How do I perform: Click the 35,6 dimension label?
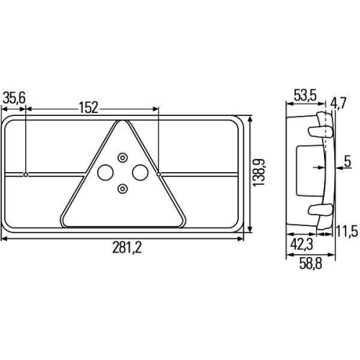(x=14, y=98)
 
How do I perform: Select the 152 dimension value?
(x=89, y=108)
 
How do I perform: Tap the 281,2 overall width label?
(x=127, y=248)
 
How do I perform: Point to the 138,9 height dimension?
(x=259, y=173)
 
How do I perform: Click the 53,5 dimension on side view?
(x=305, y=95)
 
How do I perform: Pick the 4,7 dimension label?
(x=338, y=104)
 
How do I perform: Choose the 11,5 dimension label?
(x=346, y=231)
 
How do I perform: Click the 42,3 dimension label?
(x=302, y=245)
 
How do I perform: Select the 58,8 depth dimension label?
(x=310, y=264)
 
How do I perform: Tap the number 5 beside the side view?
(x=348, y=161)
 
